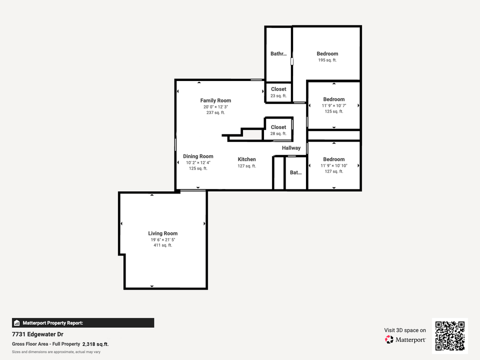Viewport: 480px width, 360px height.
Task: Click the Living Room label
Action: pos(162,233)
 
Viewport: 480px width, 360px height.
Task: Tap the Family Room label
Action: pos(215,100)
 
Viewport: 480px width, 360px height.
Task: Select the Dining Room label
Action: pos(198,156)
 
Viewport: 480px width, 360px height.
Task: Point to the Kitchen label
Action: pos(246,159)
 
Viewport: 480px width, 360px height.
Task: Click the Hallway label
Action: pos(291,148)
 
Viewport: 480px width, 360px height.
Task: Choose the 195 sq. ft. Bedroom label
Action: pos(327,53)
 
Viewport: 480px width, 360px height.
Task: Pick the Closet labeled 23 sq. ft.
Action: pos(278,89)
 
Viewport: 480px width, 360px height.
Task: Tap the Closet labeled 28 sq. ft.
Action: pos(278,127)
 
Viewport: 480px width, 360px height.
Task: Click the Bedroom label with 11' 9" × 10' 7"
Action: pos(333,99)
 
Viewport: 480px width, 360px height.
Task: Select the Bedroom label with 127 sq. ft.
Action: pos(333,159)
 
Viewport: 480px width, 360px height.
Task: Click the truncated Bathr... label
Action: pos(278,54)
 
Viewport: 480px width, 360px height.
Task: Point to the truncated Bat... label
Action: pos(296,173)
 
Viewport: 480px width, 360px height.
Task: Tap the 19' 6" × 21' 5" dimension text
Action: pos(162,240)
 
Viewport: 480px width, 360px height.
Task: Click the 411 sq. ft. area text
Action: pos(162,245)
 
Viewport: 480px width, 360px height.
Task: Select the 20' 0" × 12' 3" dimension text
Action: pos(215,106)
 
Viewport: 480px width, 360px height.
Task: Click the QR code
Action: pos(450,336)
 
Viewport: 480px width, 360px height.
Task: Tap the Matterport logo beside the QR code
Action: pos(405,339)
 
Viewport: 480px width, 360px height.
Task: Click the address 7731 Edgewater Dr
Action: pos(38,334)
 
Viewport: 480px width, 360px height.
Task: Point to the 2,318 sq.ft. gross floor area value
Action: pos(95,344)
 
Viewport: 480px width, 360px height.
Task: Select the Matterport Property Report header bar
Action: pos(83,323)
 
